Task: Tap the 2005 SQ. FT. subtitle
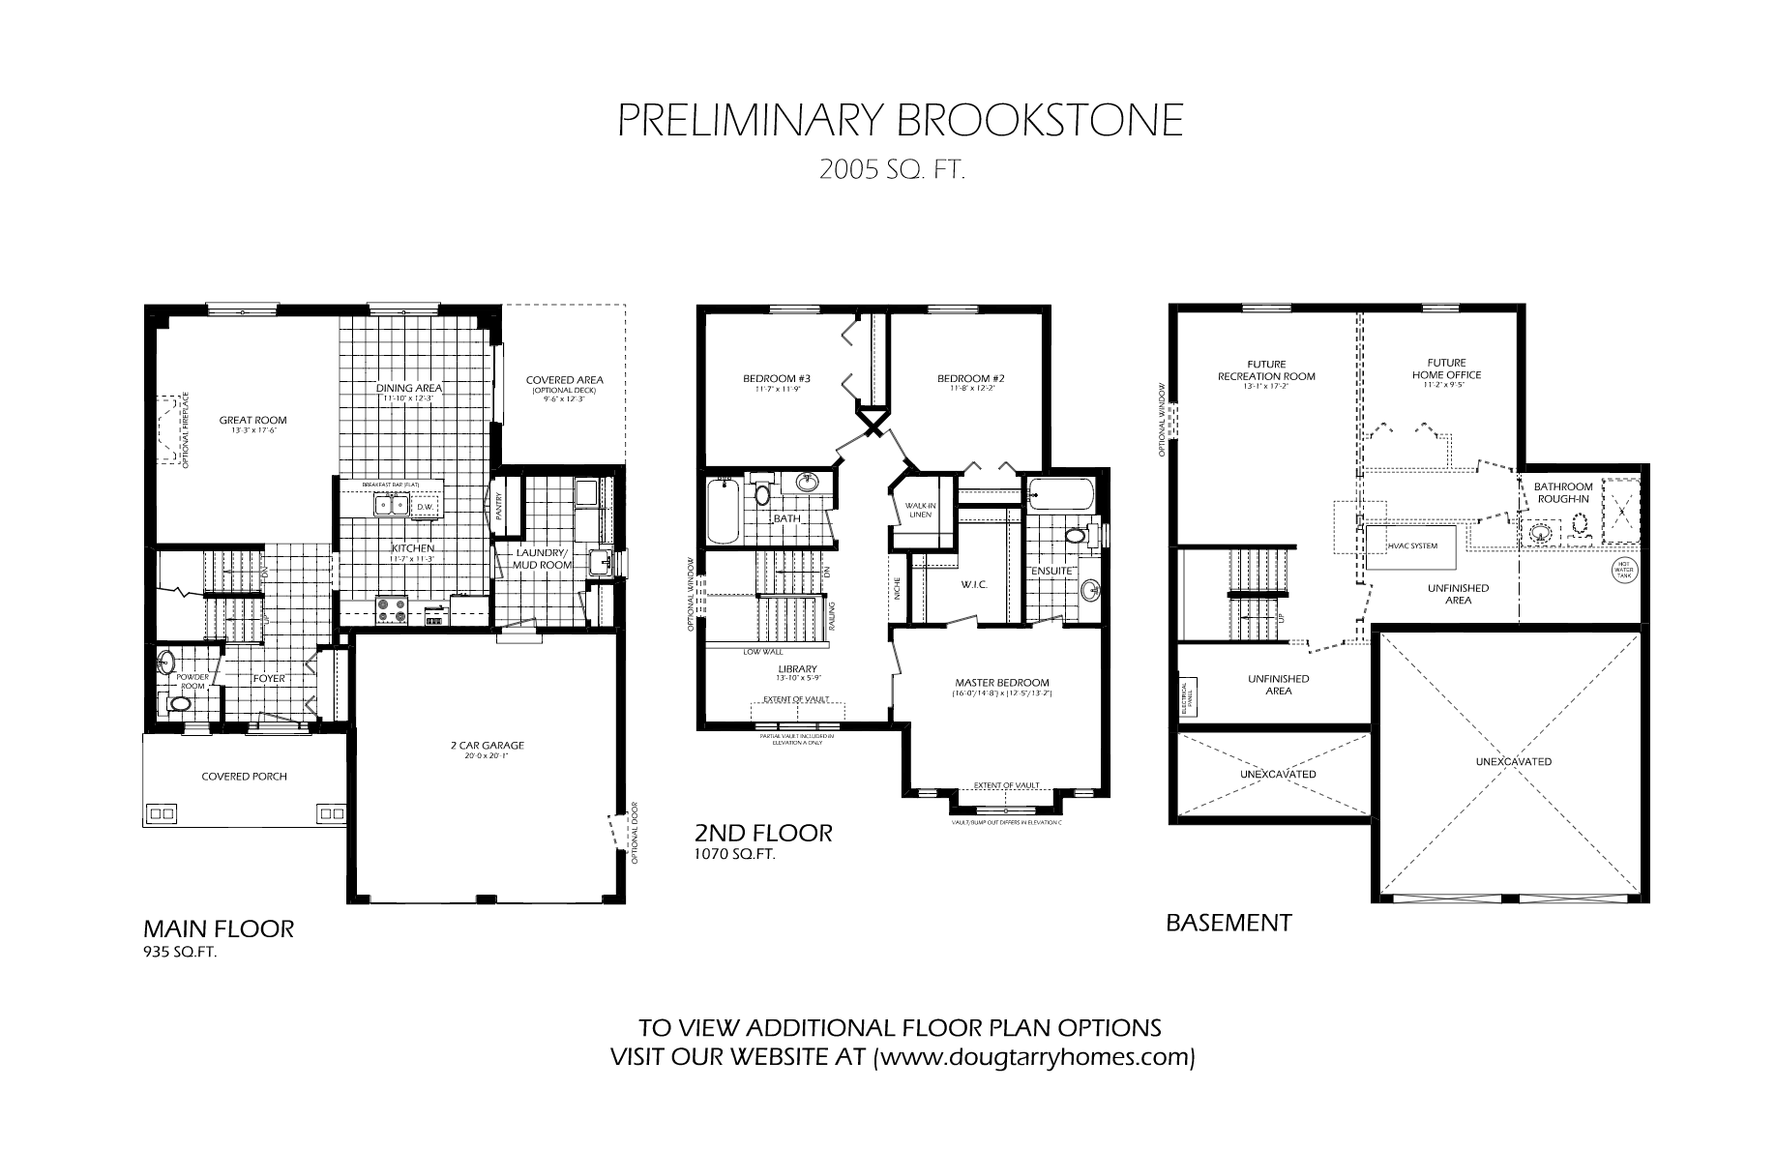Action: click(892, 171)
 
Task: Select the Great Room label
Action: click(252, 420)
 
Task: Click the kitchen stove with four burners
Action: click(391, 609)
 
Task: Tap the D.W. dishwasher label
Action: click(425, 507)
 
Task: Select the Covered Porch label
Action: click(244, 776)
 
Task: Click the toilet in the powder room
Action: click(178, 704)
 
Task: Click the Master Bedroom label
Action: click(1001, 682)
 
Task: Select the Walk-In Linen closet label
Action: click(918, 510)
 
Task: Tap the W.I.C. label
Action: click(972, 584)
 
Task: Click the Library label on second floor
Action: click(798, 668)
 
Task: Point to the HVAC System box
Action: click(1411, 546)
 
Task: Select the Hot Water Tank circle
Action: click(1622, 571)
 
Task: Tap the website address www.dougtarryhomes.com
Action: click(1034, 1057)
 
